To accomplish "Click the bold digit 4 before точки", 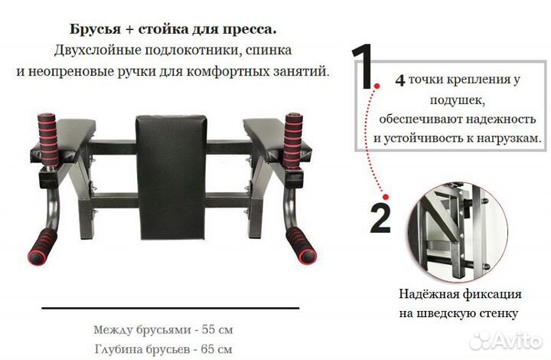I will click(399, 79).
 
